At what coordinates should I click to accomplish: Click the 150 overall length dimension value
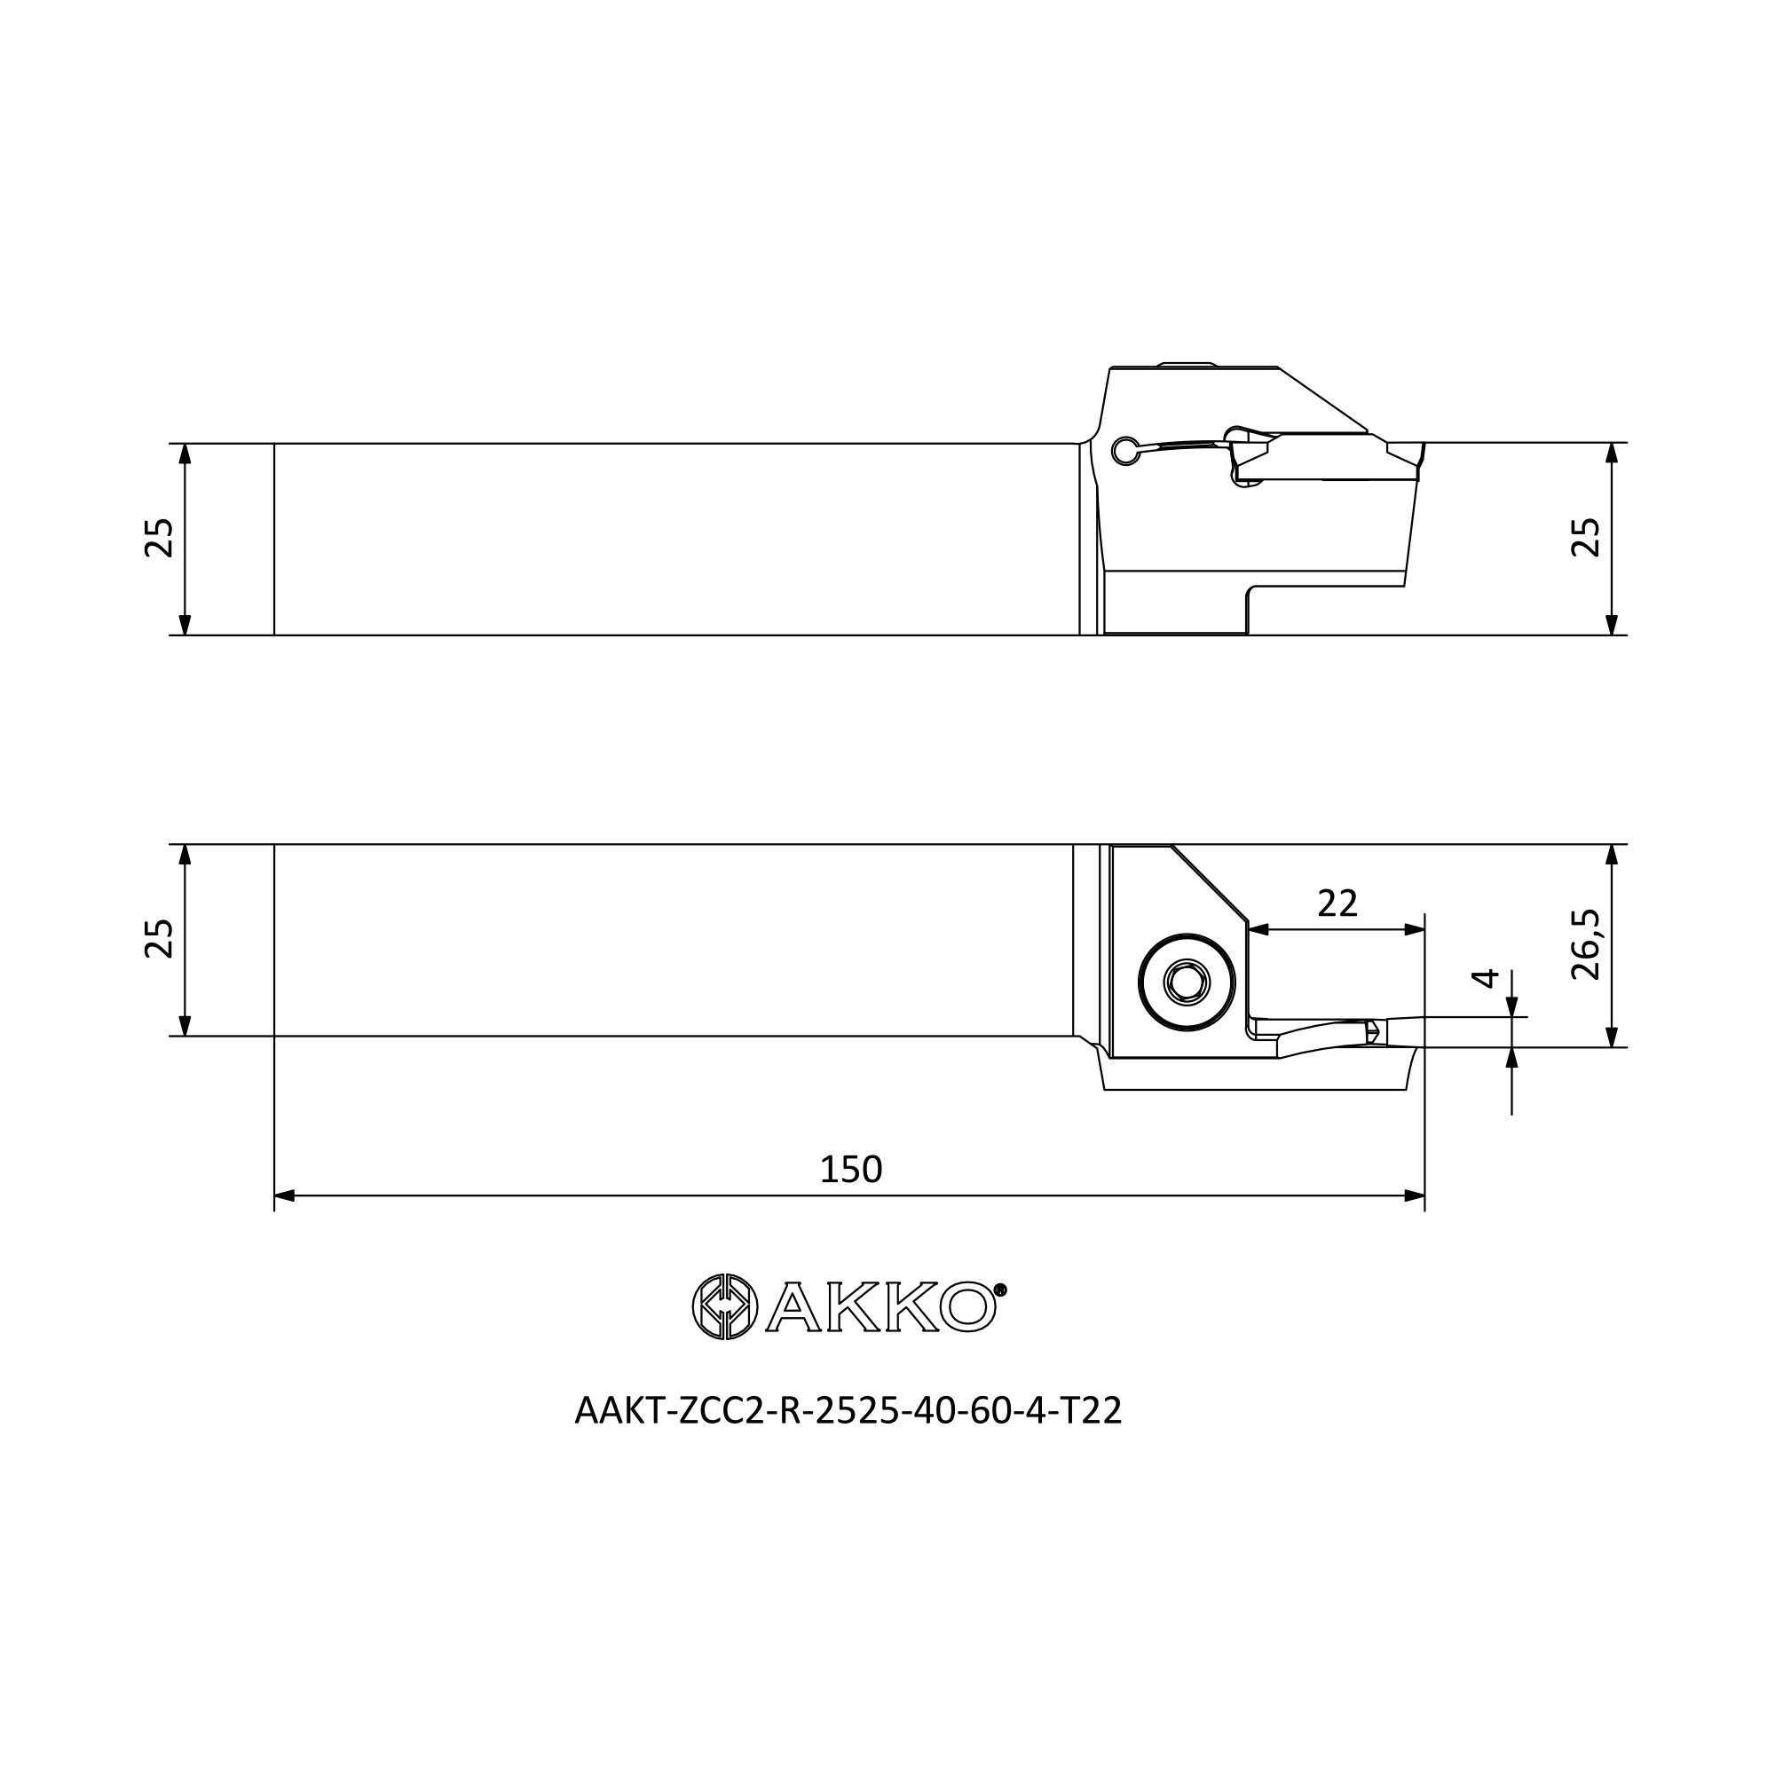851,1169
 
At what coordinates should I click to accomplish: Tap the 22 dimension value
1337,904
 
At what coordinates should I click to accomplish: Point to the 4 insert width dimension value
1486,977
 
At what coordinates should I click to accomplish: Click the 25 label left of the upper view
159,538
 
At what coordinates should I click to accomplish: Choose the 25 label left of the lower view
159,938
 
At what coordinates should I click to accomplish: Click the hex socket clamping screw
1186,983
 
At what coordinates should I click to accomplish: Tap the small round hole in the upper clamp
1123,450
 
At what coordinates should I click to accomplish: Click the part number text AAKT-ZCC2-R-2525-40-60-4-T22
848,1410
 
